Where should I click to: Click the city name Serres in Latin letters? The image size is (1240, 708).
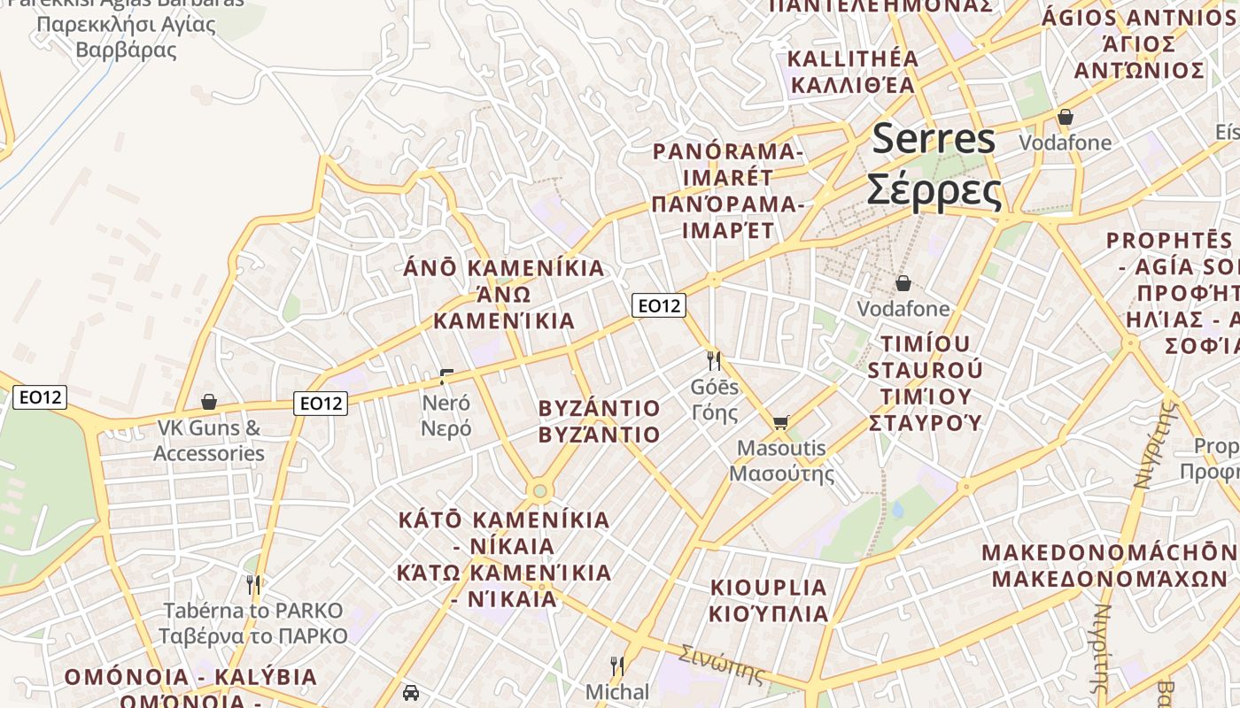(x=934, y=140)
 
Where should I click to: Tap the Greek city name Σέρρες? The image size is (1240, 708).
(x=934, y=189)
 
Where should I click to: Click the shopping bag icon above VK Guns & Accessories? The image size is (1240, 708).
(x=209, y=402)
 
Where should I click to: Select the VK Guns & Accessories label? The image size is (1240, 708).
(x=209, y=441)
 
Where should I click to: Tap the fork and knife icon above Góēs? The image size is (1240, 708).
(x=714, y=360)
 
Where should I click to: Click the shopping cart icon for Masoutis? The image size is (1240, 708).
(x=780, y=422)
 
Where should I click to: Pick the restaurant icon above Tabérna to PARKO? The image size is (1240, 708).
(x=253, y=584)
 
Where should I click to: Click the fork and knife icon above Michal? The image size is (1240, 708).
(x=617, y=666)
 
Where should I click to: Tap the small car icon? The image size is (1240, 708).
(x=410, y=692)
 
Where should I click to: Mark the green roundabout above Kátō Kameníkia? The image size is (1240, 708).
(x=539, y=490)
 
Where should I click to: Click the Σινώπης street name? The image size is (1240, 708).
(x=721, y=664)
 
